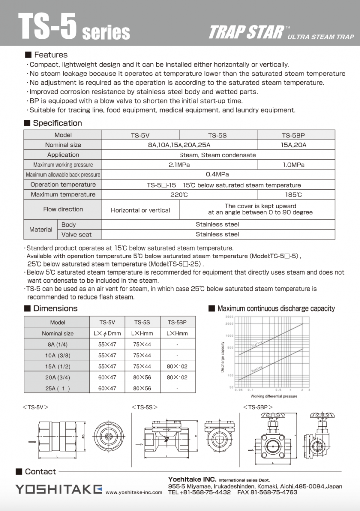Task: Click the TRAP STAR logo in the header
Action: (x=246, y=33)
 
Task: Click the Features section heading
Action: (x=50, y=55)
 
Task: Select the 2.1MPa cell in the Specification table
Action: (x=180, y=165)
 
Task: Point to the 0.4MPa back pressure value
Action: (x=217, y=175)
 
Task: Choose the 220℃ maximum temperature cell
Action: (x=179, y=195)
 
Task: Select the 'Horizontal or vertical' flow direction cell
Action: (x=140, y=210)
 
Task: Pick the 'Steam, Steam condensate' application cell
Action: (x=217, y=155)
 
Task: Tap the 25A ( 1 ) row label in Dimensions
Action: (x=58, y=388)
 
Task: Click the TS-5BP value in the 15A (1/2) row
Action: (x=177, y=366)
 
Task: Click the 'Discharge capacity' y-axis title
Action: (x=222, y=357)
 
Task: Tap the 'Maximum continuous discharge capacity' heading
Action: (x=276, y=309)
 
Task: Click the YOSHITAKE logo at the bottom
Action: (x=58, y=489)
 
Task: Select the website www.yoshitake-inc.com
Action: (x=134, y=492)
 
